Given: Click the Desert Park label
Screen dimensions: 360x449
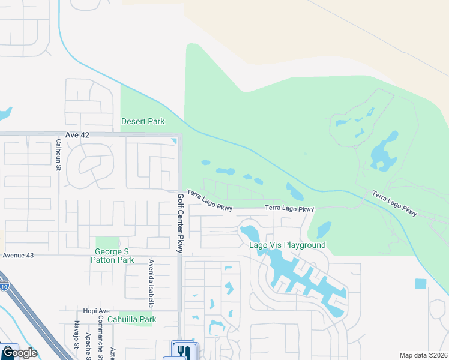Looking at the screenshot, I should (x=143, y=121).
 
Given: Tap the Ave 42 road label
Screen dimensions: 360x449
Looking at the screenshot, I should (x=77, y=136).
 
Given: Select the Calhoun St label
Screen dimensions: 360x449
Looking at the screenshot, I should (x=59, y=155).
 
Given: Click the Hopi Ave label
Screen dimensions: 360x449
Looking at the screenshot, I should (x=97, y=311).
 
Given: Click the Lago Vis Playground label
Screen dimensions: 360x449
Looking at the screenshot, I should (x=288, y=245).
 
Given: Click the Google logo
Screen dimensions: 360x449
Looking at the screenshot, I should (x=19, y=352).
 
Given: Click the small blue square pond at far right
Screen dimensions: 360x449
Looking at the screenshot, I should (x=420, y=283).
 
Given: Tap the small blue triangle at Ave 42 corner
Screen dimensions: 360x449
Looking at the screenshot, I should (x=174, y=141).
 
